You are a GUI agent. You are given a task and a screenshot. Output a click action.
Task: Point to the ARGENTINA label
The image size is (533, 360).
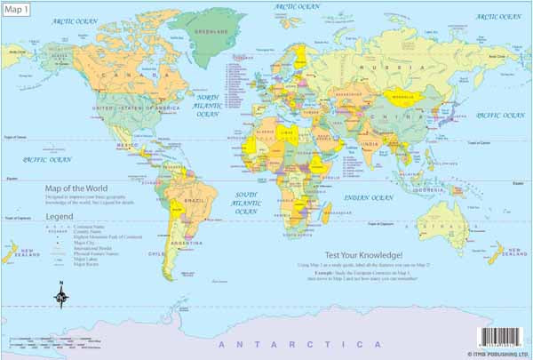179,242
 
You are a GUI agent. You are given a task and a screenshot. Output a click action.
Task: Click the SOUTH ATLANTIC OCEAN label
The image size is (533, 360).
245,202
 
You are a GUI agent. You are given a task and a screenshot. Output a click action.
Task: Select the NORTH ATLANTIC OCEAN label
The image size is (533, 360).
208,106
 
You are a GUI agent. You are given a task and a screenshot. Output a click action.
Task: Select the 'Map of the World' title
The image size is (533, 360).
78,188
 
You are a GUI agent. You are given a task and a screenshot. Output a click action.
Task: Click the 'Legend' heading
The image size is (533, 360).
60,216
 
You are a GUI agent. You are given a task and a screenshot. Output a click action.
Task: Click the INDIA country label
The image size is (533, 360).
372,143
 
